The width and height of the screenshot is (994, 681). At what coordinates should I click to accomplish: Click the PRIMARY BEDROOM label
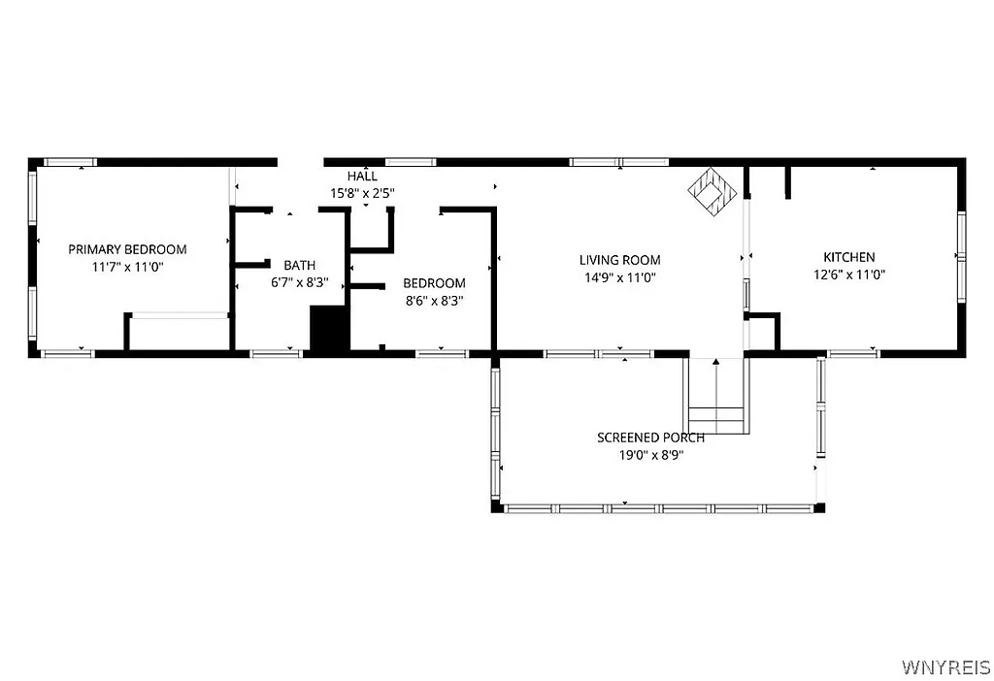[x=127, y=249]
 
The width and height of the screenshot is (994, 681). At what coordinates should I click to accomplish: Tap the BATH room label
[x=299, y=265]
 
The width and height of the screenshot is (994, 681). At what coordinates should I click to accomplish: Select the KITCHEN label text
[x=848, y=257]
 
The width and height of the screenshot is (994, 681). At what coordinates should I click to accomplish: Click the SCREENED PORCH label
[x=650, y=438]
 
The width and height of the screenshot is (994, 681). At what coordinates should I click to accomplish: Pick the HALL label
[x=362, y=177]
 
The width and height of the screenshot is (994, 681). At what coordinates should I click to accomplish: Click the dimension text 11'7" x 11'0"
[x=127, y=267]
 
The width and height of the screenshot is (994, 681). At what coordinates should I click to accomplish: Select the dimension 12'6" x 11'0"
[x=848, y=275]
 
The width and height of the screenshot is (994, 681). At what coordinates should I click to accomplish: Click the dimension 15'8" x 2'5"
[x=362, y=193]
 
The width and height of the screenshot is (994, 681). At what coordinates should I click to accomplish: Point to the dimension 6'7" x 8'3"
[x=299, y=282]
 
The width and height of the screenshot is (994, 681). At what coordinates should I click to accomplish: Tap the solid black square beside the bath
[x=329, y=329]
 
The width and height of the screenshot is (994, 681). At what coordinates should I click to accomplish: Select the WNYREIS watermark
[x=944, y=667]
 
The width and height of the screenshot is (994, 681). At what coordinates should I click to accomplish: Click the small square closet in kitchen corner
[x=763, y=331]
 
